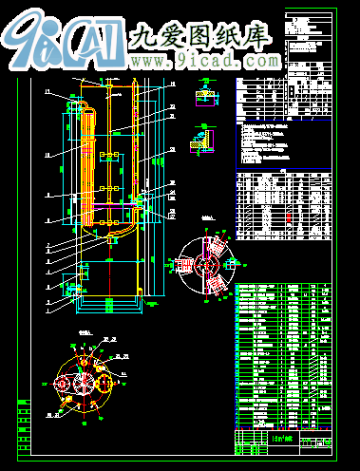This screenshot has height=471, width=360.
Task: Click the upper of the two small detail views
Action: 203,99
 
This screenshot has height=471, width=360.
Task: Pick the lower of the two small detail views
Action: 201,141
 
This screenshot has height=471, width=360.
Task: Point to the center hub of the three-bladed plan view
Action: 208,261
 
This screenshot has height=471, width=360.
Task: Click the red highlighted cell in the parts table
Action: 290,217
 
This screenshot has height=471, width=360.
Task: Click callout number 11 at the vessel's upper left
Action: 47,91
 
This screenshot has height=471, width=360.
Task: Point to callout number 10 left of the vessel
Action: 47,152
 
